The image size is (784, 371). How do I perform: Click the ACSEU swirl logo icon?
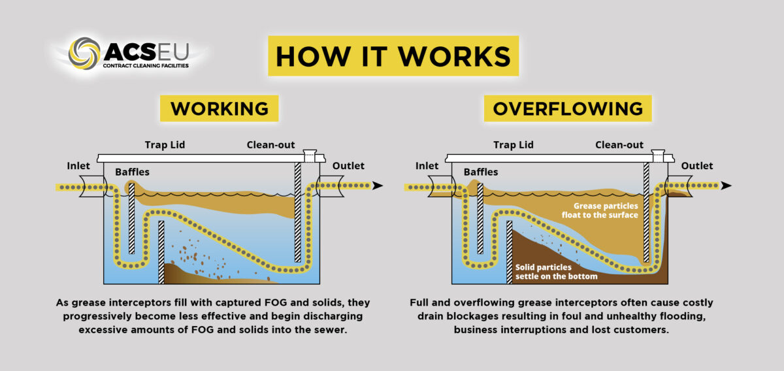coord(84,54)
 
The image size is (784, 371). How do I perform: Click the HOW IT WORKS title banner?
coord(393,57)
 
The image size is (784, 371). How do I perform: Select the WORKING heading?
coord(220,108)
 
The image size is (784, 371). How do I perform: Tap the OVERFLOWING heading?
coord(568,108)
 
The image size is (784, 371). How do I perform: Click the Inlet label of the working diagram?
coord(78,166)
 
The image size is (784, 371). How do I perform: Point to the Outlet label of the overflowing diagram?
coord(697,166)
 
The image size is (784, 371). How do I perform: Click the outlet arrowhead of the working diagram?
coord(377,186)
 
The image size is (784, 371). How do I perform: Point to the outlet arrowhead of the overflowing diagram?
coord(726,186)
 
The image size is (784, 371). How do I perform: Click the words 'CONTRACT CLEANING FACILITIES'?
coord(145,66)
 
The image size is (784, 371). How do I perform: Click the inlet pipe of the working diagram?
coord(91,186)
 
